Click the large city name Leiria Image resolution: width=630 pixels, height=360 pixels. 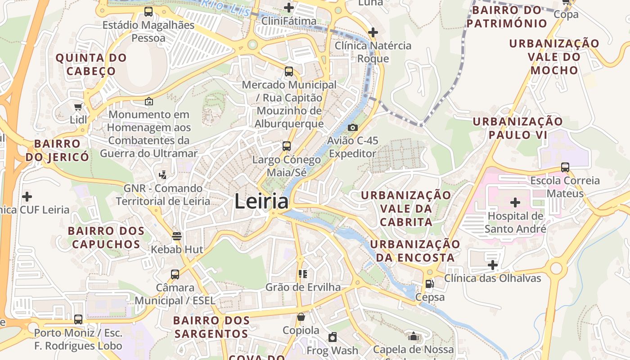coord(261,201)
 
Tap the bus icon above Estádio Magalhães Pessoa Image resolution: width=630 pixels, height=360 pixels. coord(148,12)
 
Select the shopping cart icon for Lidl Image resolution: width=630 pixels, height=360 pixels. coord(78,107)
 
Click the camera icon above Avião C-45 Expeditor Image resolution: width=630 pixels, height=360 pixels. coord(353,128)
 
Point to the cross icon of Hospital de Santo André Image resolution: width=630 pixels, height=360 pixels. coord(515,202)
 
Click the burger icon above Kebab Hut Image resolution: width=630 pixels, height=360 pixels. coord(177,236)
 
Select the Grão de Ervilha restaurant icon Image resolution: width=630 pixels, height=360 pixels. coord(303,274)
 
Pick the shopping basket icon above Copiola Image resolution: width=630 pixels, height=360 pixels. coord(301,317)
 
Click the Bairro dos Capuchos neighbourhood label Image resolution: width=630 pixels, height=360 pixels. coord(106,238)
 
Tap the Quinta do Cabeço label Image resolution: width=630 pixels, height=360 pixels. coord(91,64)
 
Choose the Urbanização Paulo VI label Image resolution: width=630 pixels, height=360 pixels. coord(517,128)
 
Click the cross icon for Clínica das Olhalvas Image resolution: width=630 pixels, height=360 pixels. coord(493,265)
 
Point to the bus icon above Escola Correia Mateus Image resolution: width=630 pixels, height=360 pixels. coord(565,167)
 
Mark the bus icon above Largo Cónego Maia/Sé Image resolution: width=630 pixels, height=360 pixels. coord(287,146)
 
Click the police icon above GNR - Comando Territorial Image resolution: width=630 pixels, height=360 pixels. coord(163,175)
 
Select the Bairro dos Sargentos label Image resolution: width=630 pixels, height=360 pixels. coord(211,327)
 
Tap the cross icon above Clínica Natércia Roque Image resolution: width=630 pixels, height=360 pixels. coord(373,32)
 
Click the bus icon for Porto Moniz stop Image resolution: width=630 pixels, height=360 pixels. coord(78,319)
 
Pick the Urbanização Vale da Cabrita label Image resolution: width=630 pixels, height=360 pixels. coord(406,208)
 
